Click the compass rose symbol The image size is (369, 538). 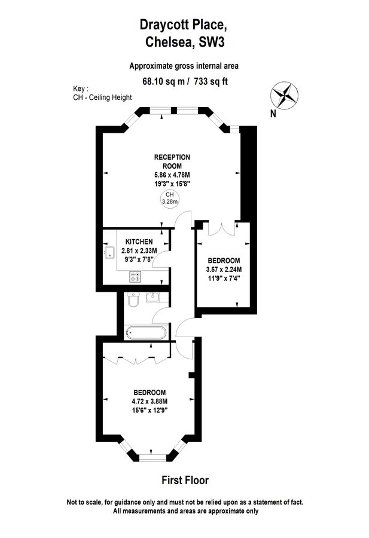tap(284, 94)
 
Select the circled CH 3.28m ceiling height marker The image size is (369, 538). tap(170, 198)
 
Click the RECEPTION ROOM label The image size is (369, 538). tap(172, 161)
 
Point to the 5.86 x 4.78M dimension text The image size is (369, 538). tap(172, 175)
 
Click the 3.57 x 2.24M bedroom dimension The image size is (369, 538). tap(224, 269)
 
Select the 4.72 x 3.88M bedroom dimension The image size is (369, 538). tap(149, 401)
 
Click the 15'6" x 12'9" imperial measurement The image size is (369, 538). tap(149, 410)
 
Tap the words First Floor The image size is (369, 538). tap(185, 480)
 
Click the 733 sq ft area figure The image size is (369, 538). tap(213, 81)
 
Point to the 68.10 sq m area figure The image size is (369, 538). tap(161, 81)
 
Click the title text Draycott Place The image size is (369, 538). tap(184, 25)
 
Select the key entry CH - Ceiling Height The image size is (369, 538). tap(102, 97)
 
